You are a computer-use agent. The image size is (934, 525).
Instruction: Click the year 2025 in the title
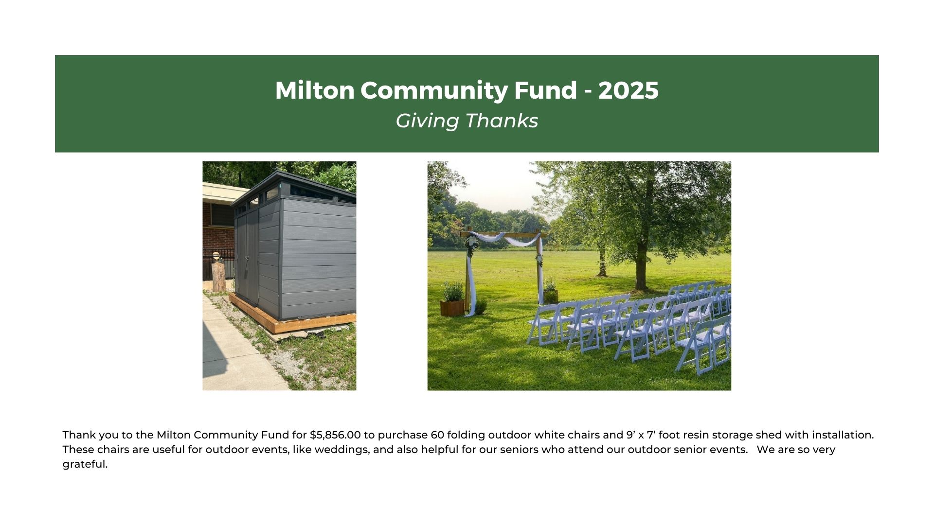tap(629, 90)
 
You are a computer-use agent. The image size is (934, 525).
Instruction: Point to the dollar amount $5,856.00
tap(335, 435)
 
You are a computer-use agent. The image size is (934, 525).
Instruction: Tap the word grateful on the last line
tap(85, 464)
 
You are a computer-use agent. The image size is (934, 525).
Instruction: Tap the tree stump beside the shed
tap(219, 277)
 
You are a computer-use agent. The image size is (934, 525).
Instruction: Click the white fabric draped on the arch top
tap(503, 238)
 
